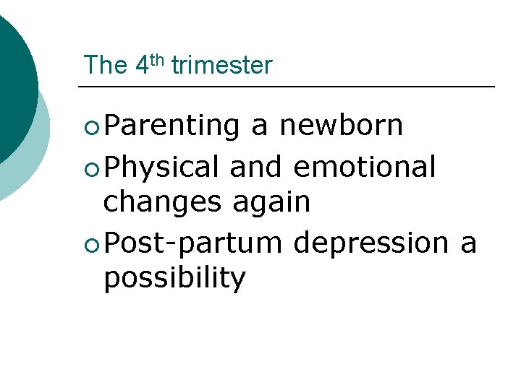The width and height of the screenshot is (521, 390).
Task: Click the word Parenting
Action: (x=171, y=126)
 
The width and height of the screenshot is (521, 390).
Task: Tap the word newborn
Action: (x=341, y=126)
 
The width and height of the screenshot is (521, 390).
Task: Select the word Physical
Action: (x=161, y=168)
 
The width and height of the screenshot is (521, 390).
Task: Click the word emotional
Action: (x=365, y=167)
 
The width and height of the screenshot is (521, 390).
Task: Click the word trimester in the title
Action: (x=221, y=66)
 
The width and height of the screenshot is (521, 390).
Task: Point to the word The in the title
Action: (x=106, y=66)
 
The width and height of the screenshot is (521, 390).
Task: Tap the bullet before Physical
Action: (x=90, y=170)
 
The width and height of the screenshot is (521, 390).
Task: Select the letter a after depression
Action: (x=468, y=244)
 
